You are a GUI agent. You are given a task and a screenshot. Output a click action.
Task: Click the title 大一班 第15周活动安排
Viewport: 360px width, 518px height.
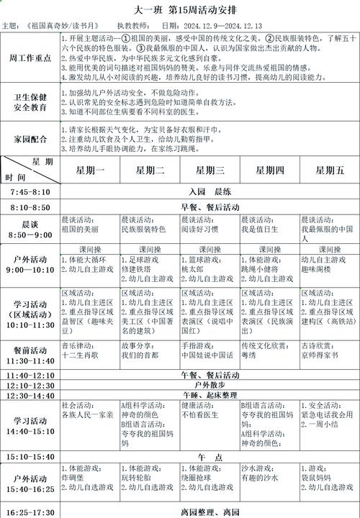coord(179,10)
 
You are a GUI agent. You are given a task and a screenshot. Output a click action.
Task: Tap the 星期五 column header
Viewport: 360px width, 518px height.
coord(330,171)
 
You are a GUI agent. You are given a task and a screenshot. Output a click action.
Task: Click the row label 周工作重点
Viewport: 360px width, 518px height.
coord(30,57)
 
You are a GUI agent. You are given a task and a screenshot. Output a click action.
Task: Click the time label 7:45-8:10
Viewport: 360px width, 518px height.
coord(30,193)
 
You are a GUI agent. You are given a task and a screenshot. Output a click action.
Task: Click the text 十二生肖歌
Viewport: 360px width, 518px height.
coord(81,355)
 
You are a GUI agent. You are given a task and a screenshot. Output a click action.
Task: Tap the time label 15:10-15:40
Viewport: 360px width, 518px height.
coord(30,457)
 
